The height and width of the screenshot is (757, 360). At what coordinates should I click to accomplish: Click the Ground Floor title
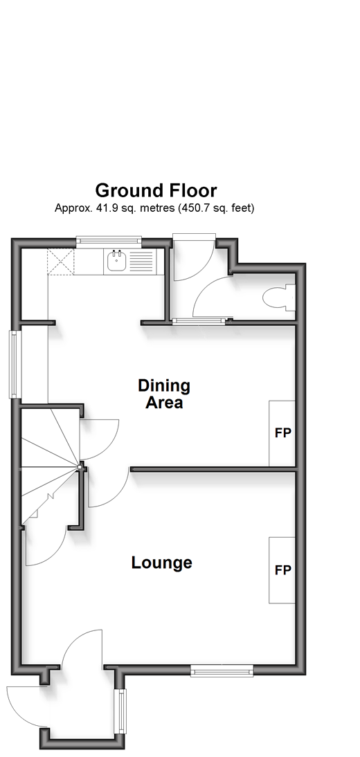156,191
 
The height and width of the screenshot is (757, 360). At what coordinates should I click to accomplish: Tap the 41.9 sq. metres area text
154,208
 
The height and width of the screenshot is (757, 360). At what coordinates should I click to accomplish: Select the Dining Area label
164,394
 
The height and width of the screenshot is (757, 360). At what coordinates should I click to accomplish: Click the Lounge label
162,563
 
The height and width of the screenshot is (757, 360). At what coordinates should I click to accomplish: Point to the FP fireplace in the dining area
282,433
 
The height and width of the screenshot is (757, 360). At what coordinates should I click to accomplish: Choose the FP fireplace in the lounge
282,570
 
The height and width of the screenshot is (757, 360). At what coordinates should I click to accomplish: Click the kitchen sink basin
116,262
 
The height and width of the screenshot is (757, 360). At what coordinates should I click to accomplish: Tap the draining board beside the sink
142,262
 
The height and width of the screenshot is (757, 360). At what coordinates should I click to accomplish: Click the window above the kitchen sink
109,239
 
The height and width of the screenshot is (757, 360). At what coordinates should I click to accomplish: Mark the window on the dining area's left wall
15,365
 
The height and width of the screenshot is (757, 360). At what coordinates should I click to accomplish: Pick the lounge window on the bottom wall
222,671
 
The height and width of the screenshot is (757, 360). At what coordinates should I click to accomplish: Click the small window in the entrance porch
120,711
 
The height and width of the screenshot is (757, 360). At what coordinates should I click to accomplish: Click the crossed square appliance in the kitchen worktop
61,262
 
